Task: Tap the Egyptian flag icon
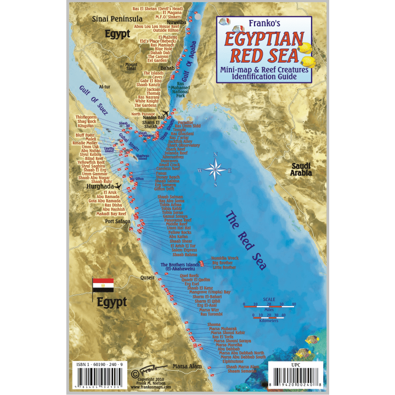[103, 285]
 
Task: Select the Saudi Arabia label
[301, 170]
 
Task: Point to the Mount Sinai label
[131, 68]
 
